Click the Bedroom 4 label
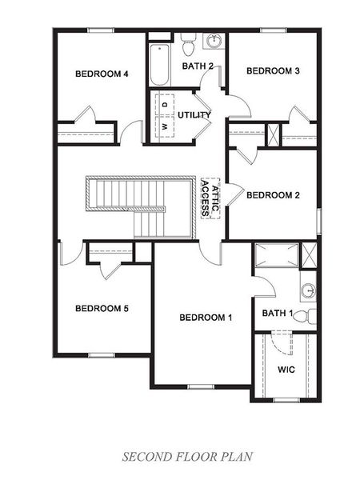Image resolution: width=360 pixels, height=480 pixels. tap(102, 74)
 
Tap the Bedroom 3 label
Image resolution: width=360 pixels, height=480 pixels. tap(273, 71)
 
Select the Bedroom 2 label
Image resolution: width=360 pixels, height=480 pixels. tap(273, 194)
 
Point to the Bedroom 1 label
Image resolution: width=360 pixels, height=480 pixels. tap(206, 318)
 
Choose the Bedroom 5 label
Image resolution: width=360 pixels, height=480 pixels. tap(102, 308)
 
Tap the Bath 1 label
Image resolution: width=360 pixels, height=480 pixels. tap(278, 313)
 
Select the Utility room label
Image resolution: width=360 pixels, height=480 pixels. tap(194, 114)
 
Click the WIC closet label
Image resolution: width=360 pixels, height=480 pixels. tap(287, 370)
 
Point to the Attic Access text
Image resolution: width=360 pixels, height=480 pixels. tap(210, 198)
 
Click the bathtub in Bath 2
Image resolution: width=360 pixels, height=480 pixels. tap(158, 64)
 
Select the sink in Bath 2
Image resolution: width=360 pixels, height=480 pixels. tap(214, 42)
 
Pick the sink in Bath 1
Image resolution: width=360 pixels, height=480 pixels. tap(308, 290)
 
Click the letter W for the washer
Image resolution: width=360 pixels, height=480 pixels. tap(165, 126)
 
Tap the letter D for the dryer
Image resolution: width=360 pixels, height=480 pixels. tap(165, 105)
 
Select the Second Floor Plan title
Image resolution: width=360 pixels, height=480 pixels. tap(187, 457)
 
